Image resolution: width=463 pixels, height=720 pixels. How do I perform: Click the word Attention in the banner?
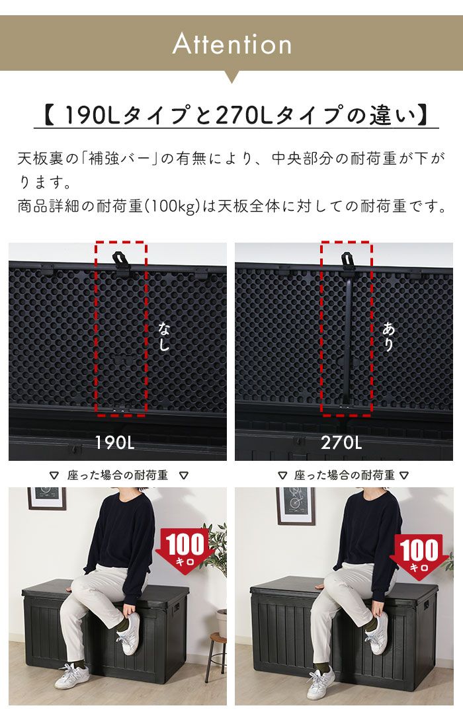point(232,44)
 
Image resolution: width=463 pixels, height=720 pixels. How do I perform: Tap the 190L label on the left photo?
point(114,442)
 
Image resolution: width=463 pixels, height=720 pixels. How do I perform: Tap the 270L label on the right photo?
point(341,442)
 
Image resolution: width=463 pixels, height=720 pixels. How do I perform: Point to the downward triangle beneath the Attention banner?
point(232,77)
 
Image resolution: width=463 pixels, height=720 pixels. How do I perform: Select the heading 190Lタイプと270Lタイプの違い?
point(236,116)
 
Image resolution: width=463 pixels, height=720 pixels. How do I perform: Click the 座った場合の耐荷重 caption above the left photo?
point(118,475)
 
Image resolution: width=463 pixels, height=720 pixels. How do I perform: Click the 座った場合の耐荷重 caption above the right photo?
point(344,475)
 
